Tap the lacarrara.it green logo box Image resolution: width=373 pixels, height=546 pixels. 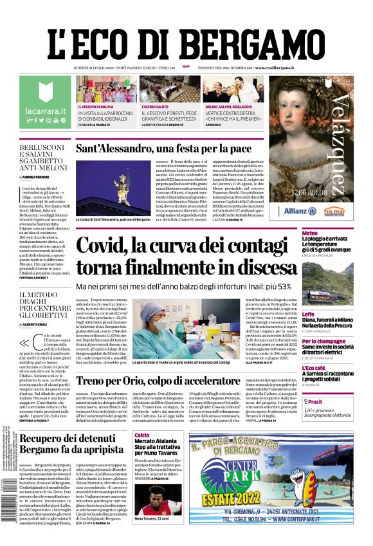(44, 102)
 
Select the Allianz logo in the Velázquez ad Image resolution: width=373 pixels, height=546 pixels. (295, 210)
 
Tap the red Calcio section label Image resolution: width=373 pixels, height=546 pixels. (142, 435)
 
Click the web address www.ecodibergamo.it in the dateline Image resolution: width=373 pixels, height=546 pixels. (274, 68)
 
